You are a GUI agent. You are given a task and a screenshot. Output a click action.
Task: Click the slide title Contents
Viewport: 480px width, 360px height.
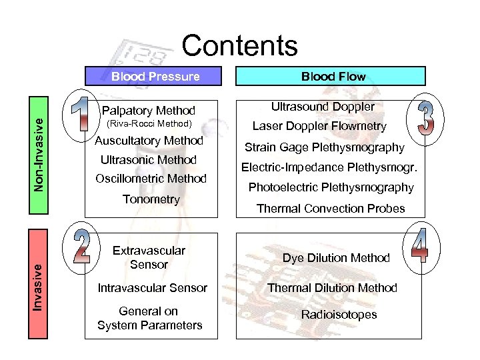tap(239, 45)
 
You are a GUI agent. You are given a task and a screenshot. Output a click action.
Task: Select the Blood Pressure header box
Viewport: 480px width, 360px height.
tap(155, 76)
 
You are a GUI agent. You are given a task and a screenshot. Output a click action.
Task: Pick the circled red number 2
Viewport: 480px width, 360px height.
tap(81, 246)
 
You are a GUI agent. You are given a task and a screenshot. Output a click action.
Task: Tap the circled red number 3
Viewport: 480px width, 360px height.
tap(425, 119)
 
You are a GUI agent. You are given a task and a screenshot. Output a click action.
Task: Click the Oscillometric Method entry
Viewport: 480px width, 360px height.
tap(151, 179)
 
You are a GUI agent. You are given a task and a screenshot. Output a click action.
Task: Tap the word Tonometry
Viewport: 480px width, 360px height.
tap(151, 199)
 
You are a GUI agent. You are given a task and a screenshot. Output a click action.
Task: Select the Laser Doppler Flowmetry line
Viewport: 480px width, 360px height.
tap(319, 126)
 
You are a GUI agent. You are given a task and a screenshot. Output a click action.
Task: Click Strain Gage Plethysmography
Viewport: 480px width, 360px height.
tap(324, 147)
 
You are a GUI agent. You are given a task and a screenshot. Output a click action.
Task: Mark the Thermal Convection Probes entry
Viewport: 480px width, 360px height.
tap(331, 209)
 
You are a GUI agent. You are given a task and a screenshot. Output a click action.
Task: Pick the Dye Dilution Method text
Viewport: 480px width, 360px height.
tap(335, 258)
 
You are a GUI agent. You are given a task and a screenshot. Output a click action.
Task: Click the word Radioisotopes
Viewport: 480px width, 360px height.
tap(338, 315)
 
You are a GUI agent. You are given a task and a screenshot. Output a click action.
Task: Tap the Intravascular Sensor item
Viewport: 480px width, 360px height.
tap(152, 288)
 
